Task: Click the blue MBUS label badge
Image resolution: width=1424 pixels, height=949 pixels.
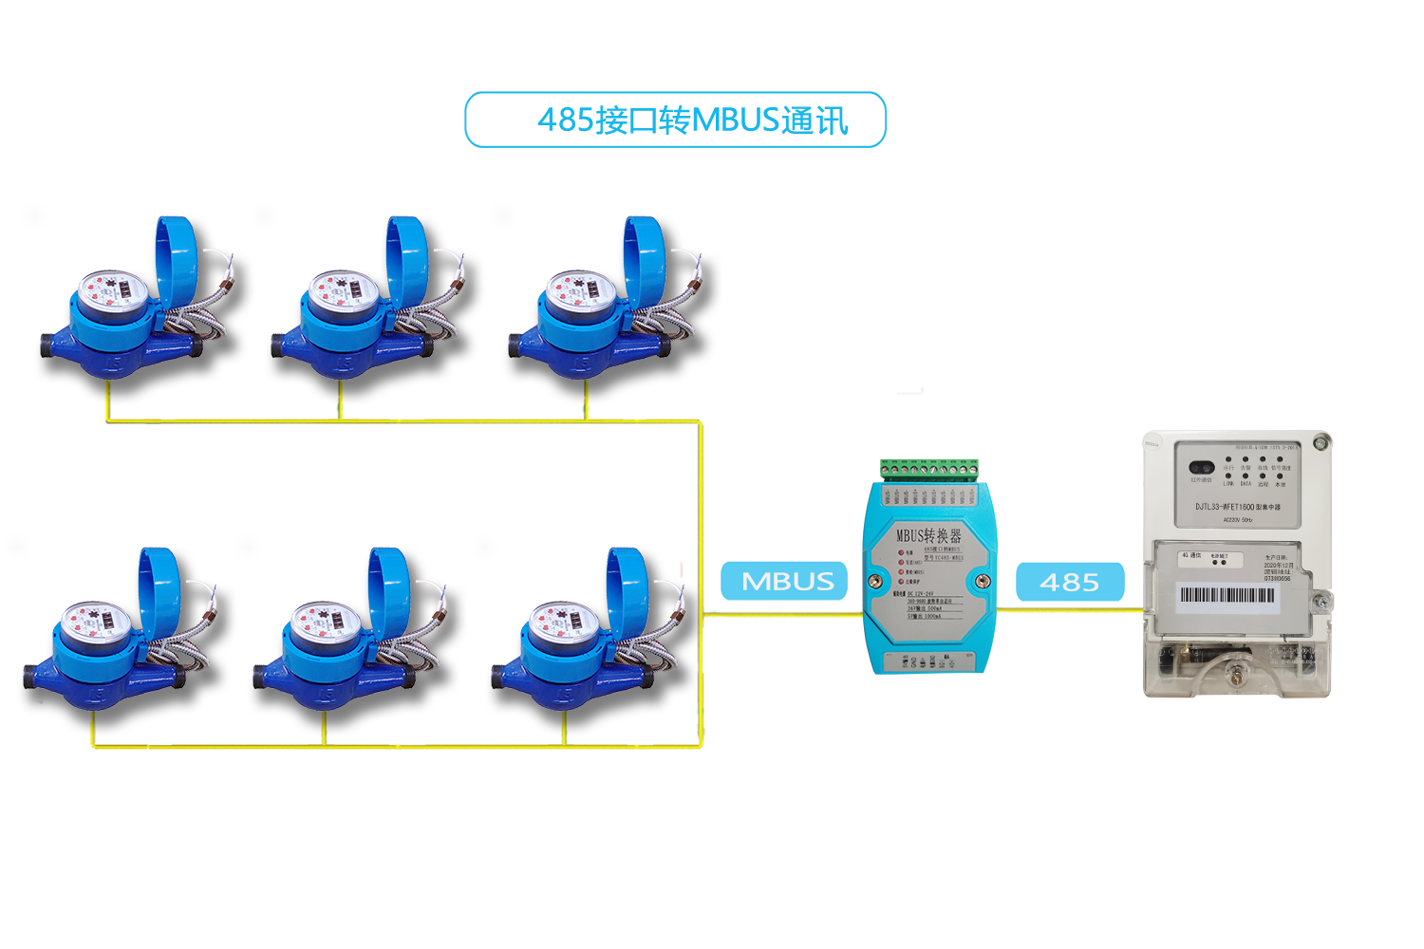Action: [787, 581]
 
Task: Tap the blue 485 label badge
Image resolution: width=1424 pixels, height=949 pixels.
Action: [1069, 582]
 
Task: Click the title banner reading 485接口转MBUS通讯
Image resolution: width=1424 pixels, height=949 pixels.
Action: [675, 120]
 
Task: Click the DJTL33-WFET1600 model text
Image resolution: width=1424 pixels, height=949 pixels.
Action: [1237, 507]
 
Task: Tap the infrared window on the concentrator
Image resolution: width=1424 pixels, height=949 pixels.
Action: [1202, 468]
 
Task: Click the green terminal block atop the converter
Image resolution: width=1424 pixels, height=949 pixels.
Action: [929, 468]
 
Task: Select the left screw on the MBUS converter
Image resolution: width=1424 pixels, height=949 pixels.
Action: [876, 580]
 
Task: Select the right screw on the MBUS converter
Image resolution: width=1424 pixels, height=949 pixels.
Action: [983, 580]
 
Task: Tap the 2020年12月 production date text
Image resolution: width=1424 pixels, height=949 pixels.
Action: [1278, 566]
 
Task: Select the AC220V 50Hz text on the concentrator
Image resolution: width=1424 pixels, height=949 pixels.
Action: [1238, 520]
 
